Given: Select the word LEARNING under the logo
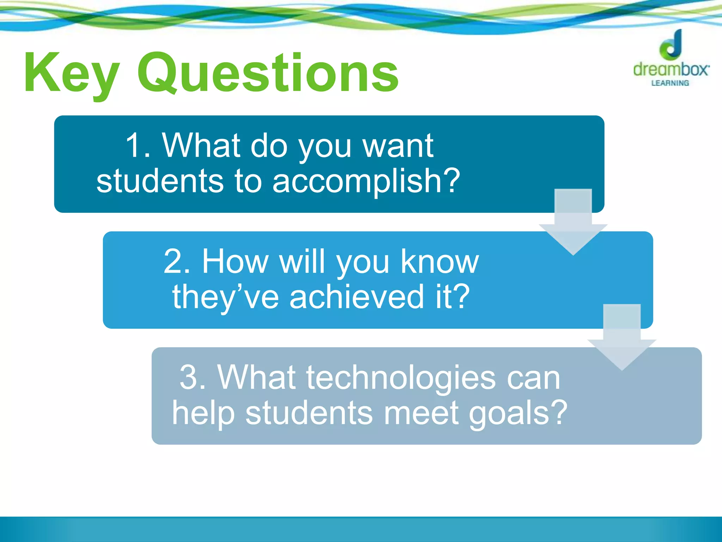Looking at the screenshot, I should click(670, 83).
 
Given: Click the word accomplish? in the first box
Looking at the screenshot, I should click(366, 181).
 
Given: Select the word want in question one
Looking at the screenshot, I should click(398, 146).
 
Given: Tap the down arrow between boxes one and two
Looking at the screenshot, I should click(573, 222).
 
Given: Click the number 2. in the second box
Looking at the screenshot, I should click(178, 261).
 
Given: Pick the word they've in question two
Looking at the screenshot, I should click(226, 297).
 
